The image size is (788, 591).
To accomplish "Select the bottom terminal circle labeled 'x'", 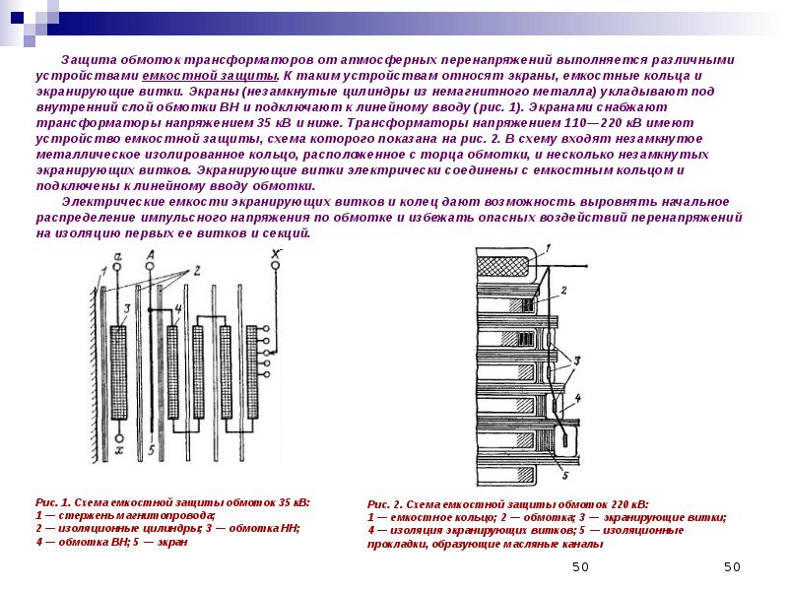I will (118, 437).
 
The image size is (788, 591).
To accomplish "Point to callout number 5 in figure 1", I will (151, 450).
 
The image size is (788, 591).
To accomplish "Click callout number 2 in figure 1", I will (195, 269).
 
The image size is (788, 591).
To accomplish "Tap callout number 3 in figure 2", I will (578, 360).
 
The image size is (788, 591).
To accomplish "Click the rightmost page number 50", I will (731, 567).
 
